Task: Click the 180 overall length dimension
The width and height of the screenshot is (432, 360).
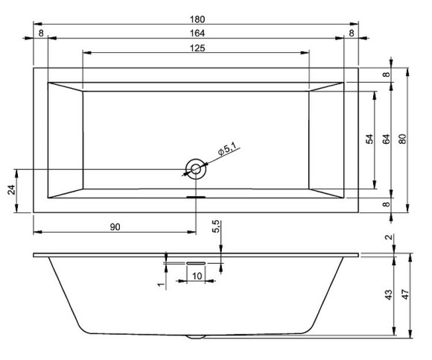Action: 196,19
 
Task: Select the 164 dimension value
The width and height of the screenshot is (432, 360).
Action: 196,33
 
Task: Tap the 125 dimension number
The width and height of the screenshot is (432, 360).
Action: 196,48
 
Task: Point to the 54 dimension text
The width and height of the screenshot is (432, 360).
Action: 369,139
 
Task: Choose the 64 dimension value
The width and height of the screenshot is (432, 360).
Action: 387,139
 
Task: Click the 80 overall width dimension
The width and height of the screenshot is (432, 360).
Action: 403,139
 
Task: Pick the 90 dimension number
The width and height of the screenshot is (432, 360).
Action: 115,227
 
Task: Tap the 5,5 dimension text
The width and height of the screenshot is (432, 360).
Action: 216,227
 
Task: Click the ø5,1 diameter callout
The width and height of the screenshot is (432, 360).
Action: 226,149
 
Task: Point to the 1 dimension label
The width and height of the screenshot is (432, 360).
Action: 160,284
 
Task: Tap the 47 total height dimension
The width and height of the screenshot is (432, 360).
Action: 407,294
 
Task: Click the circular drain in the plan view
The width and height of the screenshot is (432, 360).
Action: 196,169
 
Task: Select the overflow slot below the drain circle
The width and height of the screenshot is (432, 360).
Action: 196,197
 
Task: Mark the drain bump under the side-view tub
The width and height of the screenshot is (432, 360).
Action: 196,336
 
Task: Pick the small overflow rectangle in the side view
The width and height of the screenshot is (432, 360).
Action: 196,262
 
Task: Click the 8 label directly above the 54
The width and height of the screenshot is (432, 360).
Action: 387,75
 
